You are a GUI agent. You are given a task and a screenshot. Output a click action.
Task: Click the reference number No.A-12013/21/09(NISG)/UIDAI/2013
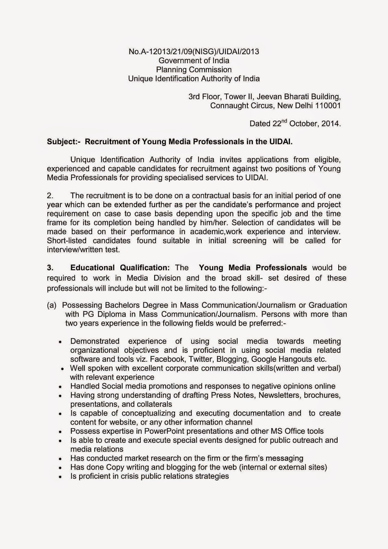click(194, 52)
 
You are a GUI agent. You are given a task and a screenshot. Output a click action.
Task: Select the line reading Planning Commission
click(194, 70)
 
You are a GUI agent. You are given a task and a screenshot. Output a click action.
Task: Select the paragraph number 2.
click(50, 196)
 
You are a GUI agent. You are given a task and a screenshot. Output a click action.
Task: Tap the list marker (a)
click(52, 305)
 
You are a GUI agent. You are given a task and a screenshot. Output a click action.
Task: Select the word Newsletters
click(279, 395)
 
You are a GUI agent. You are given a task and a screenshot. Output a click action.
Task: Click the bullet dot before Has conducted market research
click(60, 459)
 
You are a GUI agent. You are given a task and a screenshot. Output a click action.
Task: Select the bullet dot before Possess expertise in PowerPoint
click(60, 432)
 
